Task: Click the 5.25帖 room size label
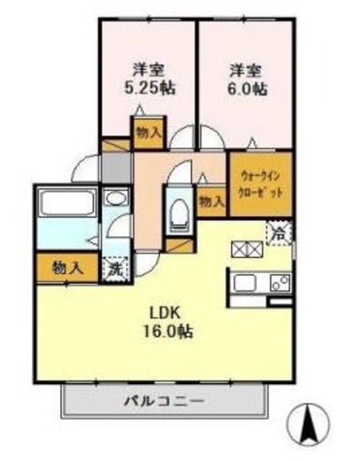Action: (150, 89)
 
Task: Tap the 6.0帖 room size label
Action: (249, 89)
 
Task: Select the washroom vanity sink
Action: (114, 197)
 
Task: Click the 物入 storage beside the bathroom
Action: (68, 268)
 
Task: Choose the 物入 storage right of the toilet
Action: (212, 201)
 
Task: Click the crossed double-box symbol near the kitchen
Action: (246, 249)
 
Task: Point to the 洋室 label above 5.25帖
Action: (150, 71)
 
